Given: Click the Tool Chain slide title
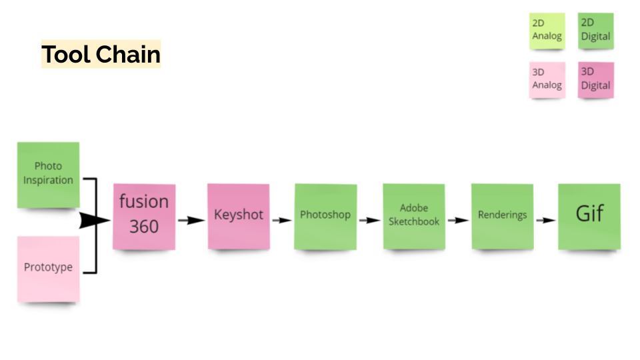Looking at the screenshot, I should coord(101,54).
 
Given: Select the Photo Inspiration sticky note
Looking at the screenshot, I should coord(48,174).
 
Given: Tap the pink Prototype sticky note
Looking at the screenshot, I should coord(48,268).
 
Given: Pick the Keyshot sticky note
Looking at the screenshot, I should coord(238,216).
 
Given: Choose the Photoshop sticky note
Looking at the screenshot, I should coord(325,216).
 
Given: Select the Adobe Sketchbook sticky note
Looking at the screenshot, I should coord(413,216).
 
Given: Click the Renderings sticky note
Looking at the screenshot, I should coord(502,216).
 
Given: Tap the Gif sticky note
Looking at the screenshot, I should coord(589,216).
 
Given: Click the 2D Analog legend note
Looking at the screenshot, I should coord(547,31).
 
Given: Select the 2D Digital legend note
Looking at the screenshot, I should coord(595,31).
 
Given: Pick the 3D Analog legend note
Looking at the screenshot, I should coord(547,79).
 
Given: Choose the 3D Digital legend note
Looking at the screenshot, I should coord(595,79).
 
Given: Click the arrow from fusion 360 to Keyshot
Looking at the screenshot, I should coord(191,220).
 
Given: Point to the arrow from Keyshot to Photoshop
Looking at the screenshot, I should coord(282,219).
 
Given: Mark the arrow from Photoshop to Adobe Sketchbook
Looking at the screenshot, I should coord(369,219).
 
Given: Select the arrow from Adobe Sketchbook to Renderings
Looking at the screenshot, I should coord(457,219).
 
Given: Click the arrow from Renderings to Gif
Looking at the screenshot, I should coord(546,220).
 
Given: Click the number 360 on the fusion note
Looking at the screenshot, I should coord(144,227).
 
